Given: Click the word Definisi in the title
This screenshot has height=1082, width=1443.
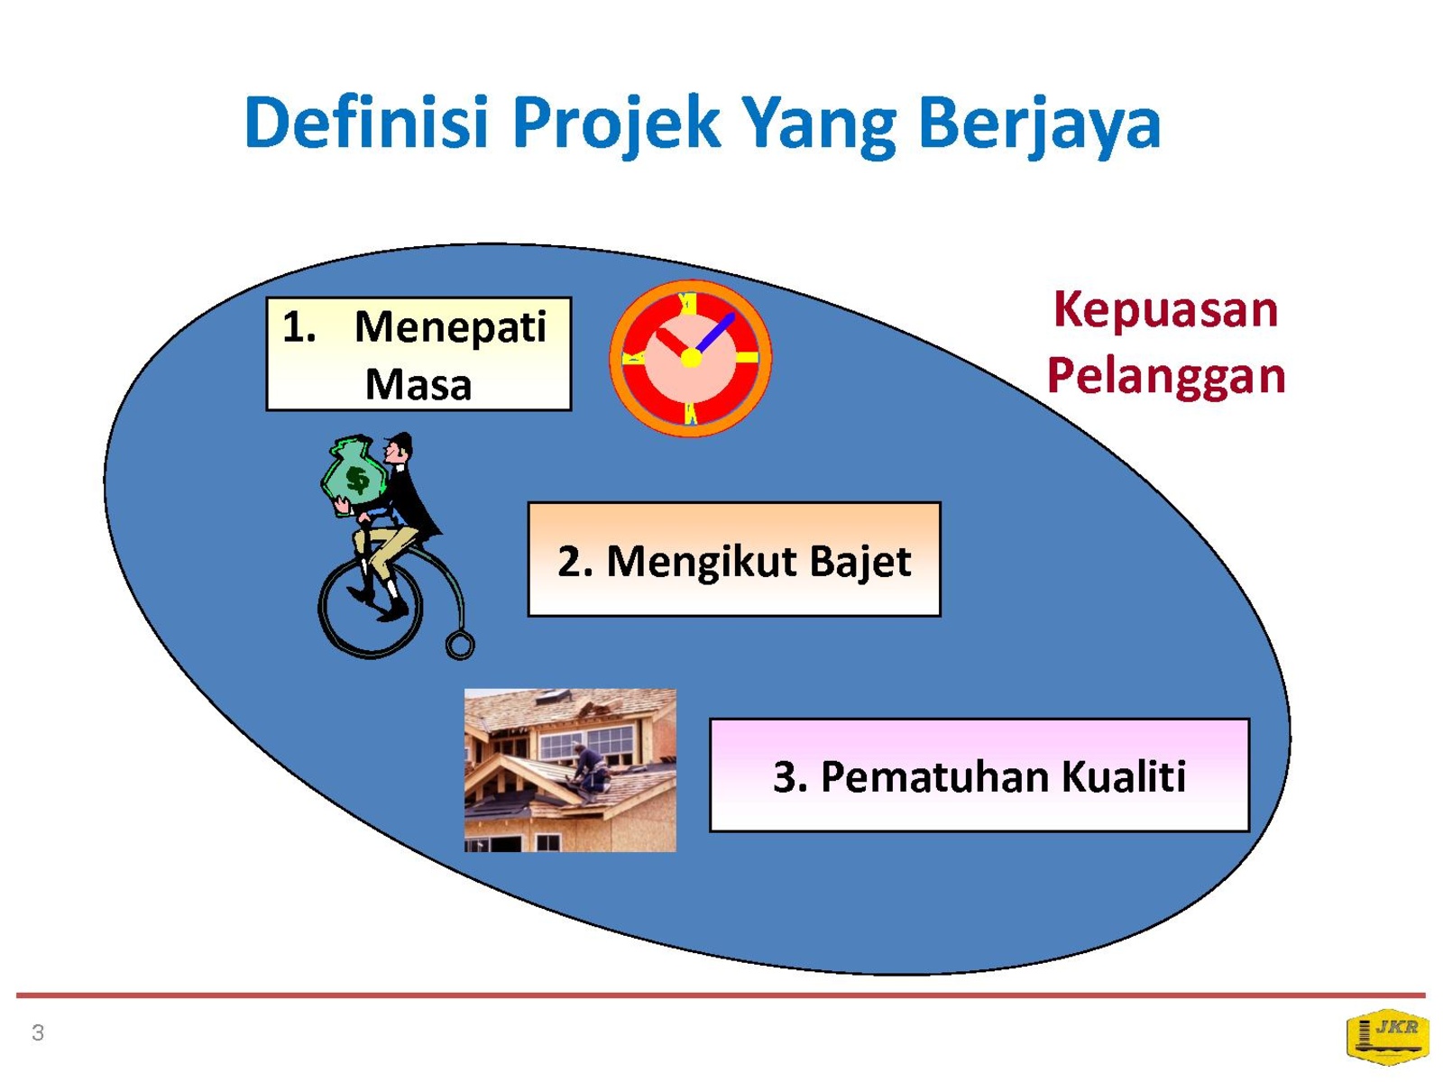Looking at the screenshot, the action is pyautogui.click(x=365, y=123).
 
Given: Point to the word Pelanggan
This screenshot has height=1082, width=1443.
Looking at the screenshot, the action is pyautogui.click(x=1165, y=376).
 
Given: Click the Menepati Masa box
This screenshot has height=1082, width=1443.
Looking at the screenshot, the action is pyautogui.click(x=418, y=354).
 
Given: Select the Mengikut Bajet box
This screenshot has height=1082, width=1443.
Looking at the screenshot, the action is pyautogui.click(x=733, y=559).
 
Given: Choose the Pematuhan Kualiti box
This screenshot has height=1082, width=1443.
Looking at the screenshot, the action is pyautogui.click(x=979, y=775).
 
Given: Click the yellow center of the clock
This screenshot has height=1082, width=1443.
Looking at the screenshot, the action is pyautogui.click(x=690, y=358).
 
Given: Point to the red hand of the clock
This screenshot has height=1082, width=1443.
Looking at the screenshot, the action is pyautogui.click(x=673, y=344).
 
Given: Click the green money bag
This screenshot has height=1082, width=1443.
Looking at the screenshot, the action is pyautogui.click(x=354, y=475).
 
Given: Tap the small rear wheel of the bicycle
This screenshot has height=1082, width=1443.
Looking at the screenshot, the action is pyautogui.click(x=460, y=646).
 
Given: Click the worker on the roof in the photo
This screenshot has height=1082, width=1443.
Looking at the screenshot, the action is pyautogui.click(x=588, y=769).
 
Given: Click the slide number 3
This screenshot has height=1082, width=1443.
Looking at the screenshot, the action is pyautogui.click(x=38, y=1032).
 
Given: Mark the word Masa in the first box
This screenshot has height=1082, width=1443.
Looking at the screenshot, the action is pyautogui.click(x=418, y=384).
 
